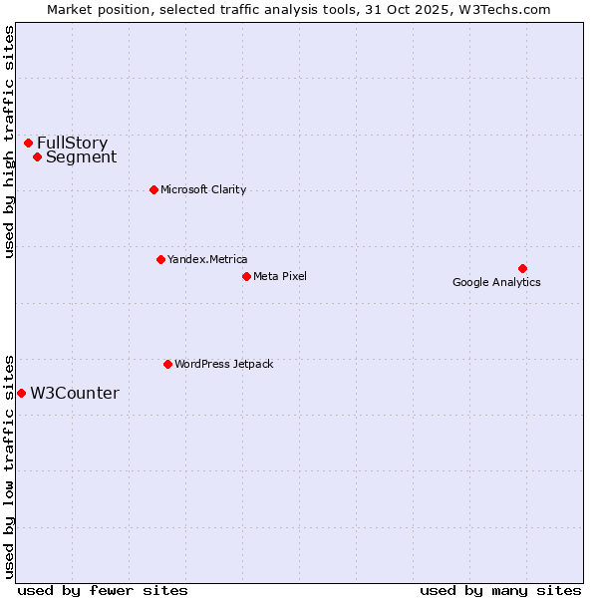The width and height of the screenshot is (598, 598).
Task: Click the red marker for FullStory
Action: coord(28,143)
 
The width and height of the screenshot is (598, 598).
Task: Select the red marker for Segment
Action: coord(37,156)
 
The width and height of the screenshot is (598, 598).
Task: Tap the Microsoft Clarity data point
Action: coord(153,189)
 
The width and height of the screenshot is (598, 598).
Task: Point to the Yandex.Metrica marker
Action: coord(160,259)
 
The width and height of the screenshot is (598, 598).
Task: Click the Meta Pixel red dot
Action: coord(246,276)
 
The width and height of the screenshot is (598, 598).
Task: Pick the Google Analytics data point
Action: coord(522,268)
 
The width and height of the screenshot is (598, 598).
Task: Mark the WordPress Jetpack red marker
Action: coord(167,364)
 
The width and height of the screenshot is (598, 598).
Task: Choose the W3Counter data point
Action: coord(21,393)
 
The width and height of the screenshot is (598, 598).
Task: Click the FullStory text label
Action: coord(72,143)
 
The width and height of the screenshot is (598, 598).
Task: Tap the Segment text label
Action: coord(81,156)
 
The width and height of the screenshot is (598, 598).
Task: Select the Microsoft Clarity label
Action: coord(203,189)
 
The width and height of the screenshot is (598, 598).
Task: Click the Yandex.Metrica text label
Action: coord(207,259)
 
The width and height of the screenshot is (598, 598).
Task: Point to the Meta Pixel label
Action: coord(280,276)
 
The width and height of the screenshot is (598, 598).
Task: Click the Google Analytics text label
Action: coord(496,282)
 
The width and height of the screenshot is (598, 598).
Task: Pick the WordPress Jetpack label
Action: coord(223,364)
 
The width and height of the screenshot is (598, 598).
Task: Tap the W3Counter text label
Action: coord(75,393)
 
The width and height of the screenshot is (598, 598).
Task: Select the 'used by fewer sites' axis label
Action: coord(103,590)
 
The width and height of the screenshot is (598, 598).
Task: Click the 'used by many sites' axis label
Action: coord(500,590)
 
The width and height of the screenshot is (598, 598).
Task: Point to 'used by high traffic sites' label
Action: coord(9,142)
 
